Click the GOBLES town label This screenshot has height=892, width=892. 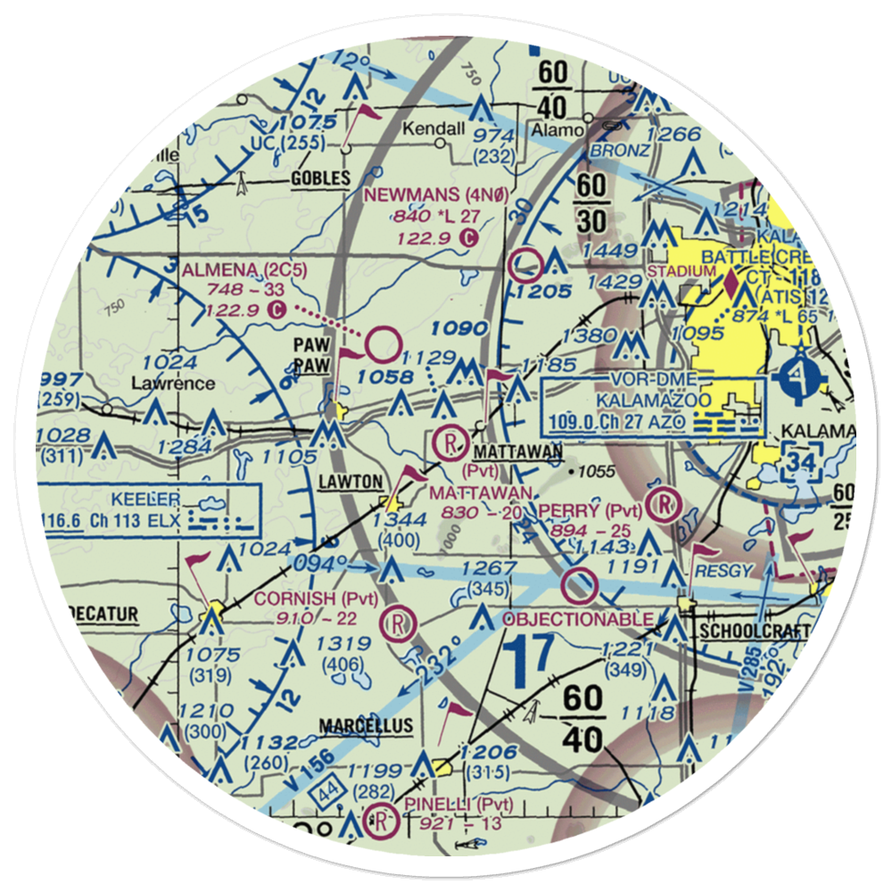pyautogui.click(x=320, y=179)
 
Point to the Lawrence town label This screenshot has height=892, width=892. pyautogui.click(x=172, y=384)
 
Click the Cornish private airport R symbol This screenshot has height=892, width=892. pyautogui.click(x=396, y=623)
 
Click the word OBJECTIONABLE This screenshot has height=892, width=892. pyautogui.click(x=577, y=619)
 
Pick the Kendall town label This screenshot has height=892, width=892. pyautogui.click(x=434, y=129)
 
